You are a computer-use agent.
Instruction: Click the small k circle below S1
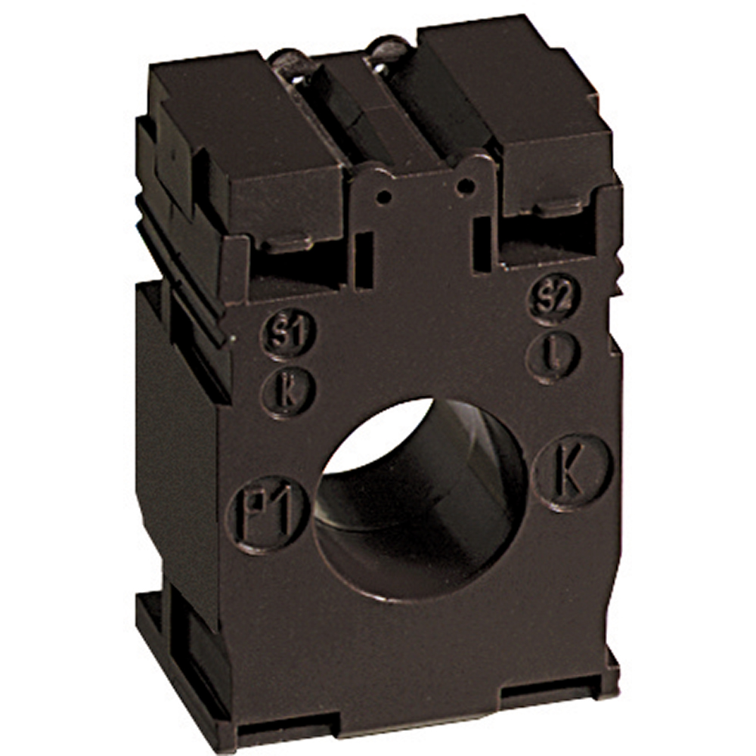288,392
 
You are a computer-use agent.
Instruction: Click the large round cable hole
420,497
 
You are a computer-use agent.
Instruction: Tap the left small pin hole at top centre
384,197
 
